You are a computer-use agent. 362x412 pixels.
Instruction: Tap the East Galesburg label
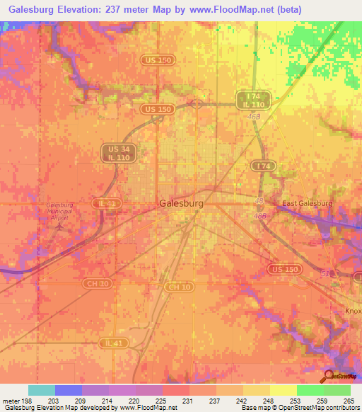[307, 204]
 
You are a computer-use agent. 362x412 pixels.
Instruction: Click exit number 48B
[261, 215]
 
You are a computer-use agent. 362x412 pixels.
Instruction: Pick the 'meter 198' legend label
[13, 401]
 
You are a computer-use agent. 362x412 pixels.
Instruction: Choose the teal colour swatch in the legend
[42, 390]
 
